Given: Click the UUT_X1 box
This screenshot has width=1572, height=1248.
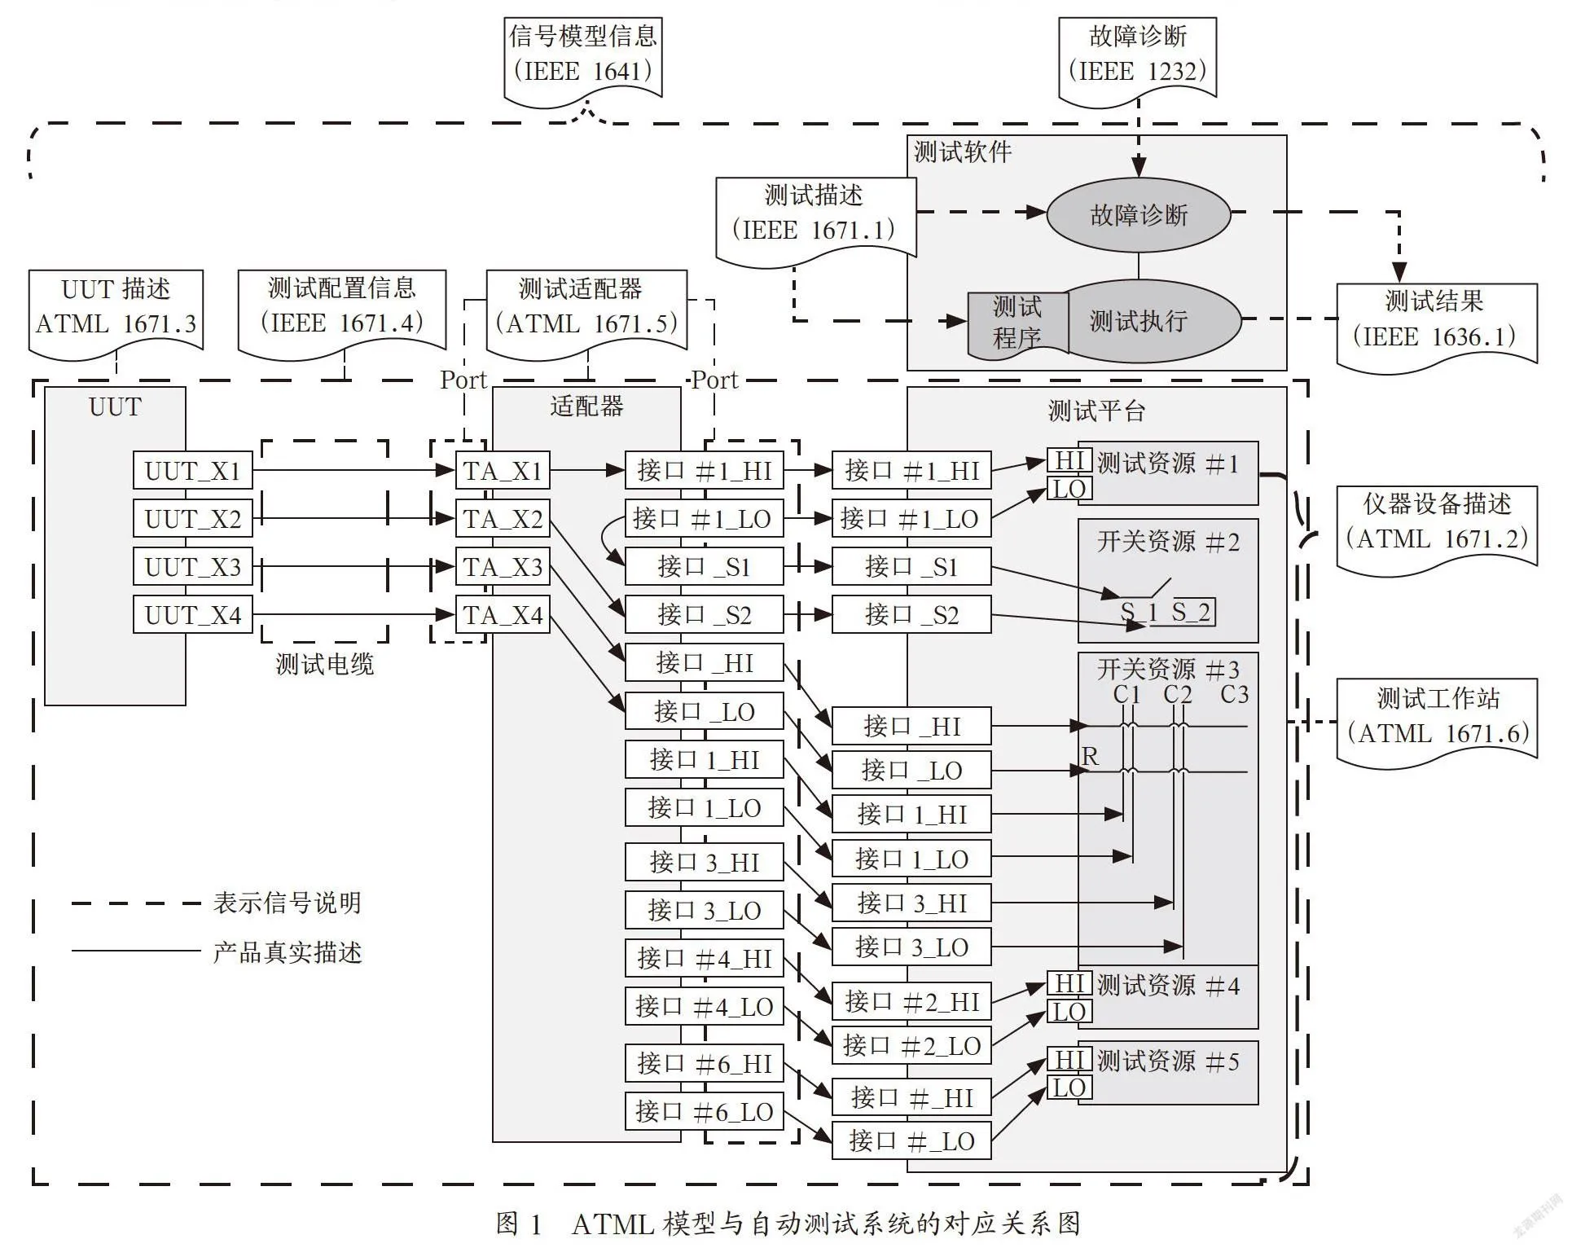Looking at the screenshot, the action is (x=193, y=470).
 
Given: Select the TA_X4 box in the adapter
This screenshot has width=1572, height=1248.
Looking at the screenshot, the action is (x=503, y=614).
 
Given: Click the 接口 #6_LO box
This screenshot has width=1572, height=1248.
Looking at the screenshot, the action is (x=704, y=1111).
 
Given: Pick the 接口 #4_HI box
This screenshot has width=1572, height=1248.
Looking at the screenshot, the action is (x=704, y=958).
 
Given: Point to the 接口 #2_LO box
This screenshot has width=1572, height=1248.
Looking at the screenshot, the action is (x=911, y=1045).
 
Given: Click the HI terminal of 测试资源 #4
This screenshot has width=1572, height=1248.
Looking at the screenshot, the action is (x=1069, y=983).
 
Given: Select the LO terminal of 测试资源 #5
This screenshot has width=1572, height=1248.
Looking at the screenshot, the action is (x=1069, y=1088).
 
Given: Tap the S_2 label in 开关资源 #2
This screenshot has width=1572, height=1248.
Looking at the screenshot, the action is (x=1191, y=612).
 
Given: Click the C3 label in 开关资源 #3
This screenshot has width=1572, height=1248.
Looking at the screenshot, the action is (x=1234, y=694).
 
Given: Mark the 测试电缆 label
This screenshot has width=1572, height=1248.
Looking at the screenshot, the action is (x=324, y=664).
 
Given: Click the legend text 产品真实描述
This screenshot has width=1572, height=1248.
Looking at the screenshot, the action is (x=288, y=951).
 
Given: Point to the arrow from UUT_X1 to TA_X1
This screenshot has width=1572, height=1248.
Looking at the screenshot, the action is (x=353, y=470).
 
